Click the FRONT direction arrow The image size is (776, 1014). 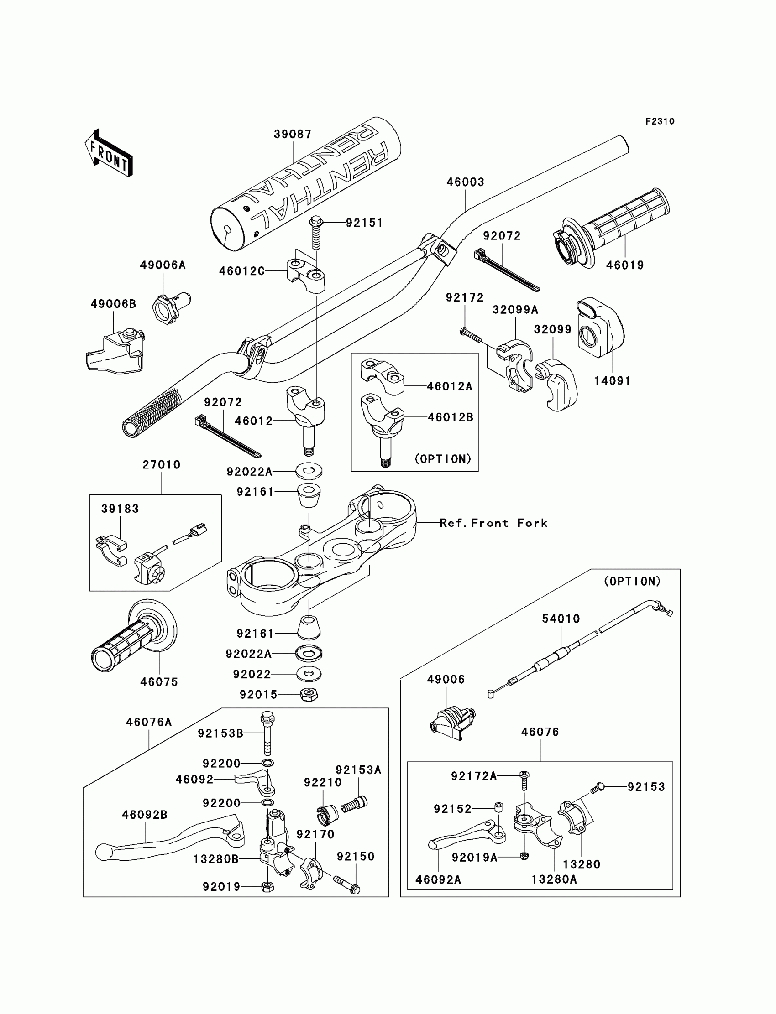109,153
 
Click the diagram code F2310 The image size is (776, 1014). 660,121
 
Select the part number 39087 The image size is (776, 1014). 293,134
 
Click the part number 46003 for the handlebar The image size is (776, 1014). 465,182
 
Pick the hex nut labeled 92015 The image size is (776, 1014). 309,694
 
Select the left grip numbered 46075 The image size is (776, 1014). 134,635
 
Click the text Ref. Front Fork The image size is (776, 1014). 493,523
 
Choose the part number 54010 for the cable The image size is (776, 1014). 561,619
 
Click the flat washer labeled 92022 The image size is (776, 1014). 309,674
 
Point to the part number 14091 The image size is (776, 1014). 612,381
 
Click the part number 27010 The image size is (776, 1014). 161,465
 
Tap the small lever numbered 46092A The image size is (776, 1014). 467,834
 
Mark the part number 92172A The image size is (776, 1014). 474,777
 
